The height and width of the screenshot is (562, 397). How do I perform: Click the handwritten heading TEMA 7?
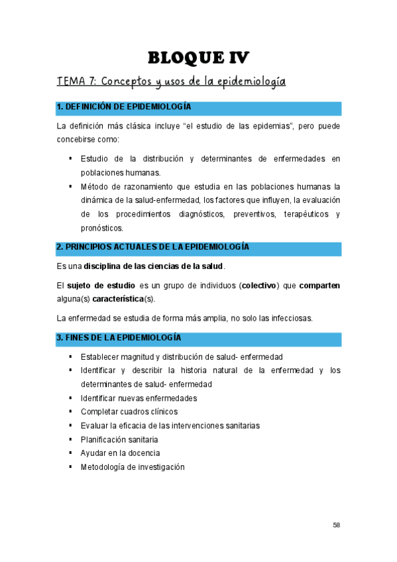click(x=171, y=82)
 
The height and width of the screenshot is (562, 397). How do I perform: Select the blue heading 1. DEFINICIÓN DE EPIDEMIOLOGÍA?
click(x=124, y=107)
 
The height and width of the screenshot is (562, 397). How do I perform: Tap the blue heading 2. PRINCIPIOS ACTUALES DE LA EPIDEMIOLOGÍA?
click(x=152, y=247)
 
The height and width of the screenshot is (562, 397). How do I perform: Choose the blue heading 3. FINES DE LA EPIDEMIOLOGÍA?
click(x=119, y=338)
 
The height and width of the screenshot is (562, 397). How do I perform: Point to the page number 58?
click(x=336, y=525)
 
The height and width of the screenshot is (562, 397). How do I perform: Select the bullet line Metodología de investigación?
click(x=133, y=467)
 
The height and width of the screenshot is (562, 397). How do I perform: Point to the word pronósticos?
click(x=102, y=228)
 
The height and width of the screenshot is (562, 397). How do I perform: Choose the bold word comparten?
click(x=319, y=286)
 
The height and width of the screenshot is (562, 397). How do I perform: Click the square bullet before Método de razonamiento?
click(x=70, y=186)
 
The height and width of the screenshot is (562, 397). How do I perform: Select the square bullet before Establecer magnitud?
click(x=70, y=357)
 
